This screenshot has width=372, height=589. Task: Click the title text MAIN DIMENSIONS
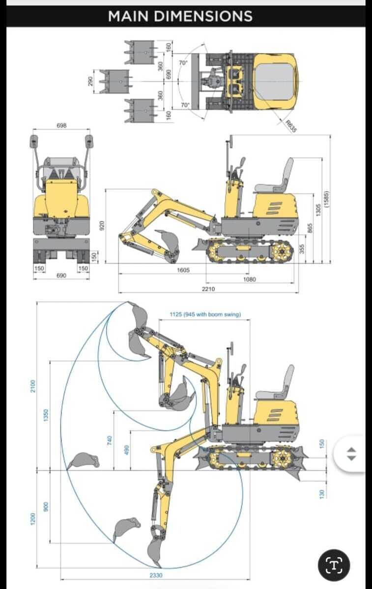(x=180, y=16)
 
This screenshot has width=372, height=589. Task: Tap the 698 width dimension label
(x=61, y=126)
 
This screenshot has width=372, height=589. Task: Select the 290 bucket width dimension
(x=90, y=81)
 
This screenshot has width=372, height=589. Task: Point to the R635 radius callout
(x=291, y=126)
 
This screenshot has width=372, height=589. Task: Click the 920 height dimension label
(x=101, y=226)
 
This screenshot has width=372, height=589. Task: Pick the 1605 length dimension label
(x=183, y=270)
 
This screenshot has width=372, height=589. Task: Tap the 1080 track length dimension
(x=249, y=279)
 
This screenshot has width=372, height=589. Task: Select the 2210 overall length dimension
(x=208, y=289)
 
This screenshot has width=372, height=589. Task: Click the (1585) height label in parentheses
(x=326, y=199)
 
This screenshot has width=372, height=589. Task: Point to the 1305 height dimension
(x=318, y=210)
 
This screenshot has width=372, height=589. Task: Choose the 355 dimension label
(x=302, y=249)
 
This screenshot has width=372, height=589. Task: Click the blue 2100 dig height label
(x=32, y=386)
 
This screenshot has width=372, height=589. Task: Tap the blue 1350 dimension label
(x=46, y=415)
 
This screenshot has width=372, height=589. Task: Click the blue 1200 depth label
(x=32, y=519)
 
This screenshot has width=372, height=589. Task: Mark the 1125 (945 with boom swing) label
(x=205, y=314)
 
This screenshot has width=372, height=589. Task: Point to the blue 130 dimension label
(x=322, y=494)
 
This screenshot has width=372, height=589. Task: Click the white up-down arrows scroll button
(x=352, y=454)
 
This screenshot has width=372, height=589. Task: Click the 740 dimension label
(x=110, y=440)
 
